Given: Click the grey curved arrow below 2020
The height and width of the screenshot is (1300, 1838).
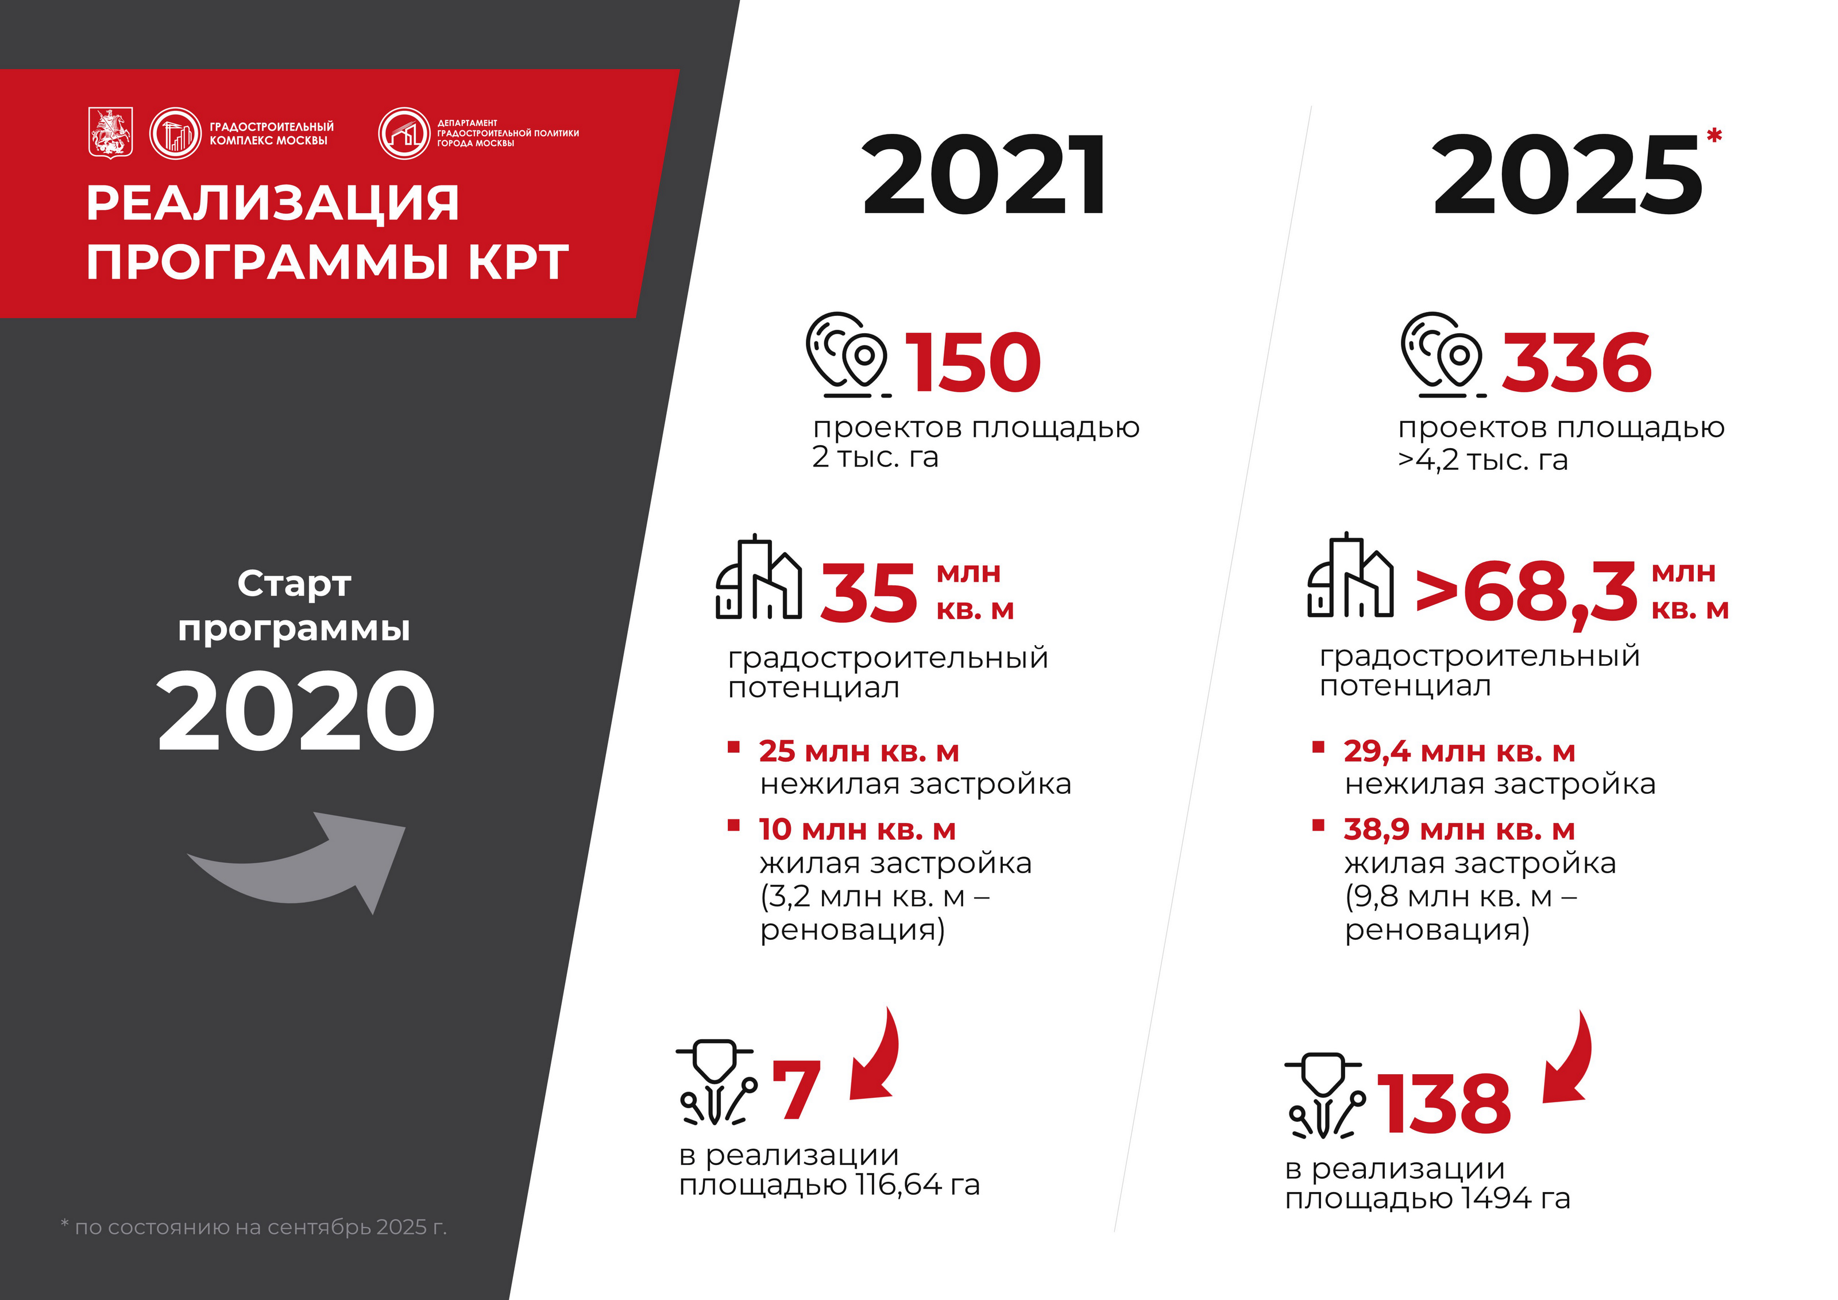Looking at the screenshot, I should pos(304,865).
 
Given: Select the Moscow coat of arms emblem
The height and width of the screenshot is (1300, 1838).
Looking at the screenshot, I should pos(110,133).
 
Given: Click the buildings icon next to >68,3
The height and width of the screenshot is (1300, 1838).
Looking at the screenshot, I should pos(1350,576).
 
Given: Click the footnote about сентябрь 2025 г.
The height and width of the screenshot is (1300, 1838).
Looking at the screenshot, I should pos(254,1227).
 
